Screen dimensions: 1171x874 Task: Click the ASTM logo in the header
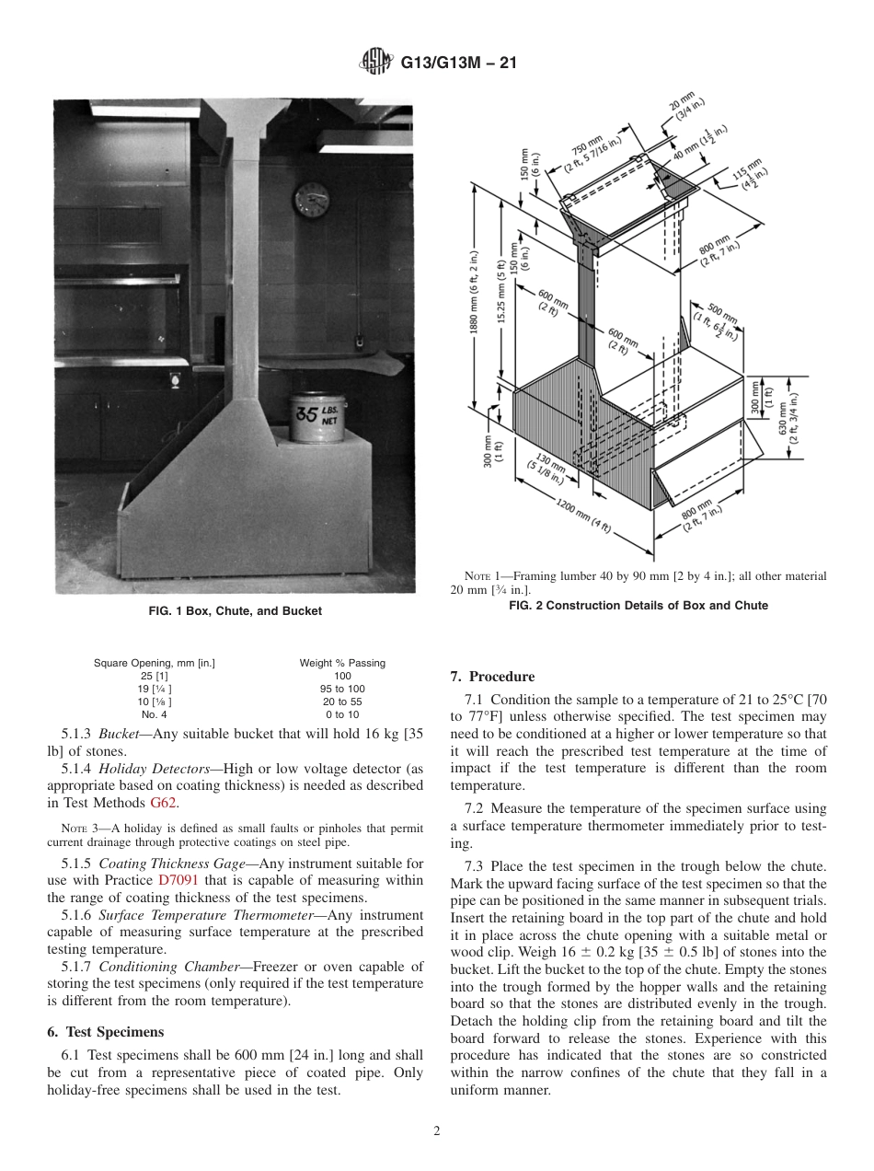375,63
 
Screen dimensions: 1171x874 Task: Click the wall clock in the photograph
312,200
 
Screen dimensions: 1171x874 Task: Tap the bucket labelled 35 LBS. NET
316,417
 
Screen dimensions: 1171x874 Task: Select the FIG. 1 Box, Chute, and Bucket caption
235,611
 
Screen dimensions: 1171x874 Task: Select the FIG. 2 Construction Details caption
638,606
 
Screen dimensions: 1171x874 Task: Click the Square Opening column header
155,663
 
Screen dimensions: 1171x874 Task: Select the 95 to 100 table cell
342,689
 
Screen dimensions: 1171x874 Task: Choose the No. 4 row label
154,714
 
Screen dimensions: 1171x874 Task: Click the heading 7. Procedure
492,677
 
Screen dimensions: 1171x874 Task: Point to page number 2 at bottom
437,1131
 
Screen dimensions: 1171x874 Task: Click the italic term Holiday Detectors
154,769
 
